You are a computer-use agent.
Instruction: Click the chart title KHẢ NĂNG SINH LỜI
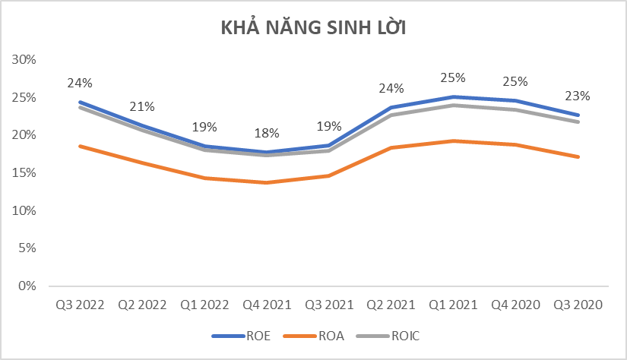pos(313,29)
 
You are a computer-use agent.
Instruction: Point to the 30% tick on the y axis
pos(26,60)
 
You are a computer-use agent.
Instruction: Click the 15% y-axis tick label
pos(26,173)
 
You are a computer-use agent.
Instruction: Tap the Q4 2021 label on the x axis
pos(266,305)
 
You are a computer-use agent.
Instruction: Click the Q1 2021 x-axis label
pos(453,305)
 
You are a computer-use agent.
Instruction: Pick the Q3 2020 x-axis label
pos(578,305)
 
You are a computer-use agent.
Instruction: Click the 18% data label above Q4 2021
pos(266,134)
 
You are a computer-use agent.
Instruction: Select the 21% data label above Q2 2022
pos(141,106)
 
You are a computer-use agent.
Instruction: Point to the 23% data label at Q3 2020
pos(578,96)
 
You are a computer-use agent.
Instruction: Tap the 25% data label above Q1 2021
pos(453,78)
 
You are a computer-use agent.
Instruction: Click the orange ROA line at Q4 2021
pos(266,182)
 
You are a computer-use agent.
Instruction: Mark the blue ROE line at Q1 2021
pos(453,97)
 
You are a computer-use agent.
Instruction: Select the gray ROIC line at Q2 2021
pos(391,115)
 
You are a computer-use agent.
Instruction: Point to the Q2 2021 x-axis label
pos(391,305)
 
